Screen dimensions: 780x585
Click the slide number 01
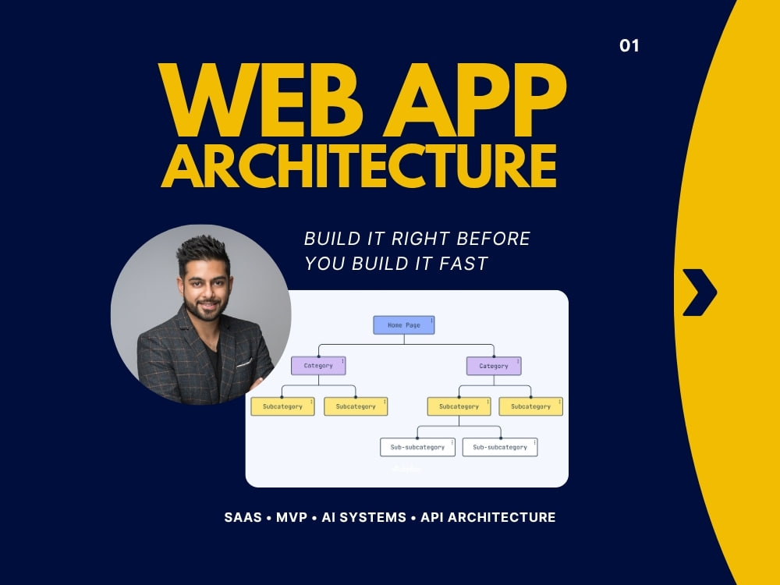[x=629, y=46]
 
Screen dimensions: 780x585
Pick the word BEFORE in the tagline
[x=493, y=239]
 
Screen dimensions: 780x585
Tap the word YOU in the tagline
[x=324, y=264]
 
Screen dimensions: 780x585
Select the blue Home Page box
[x=404, y=324]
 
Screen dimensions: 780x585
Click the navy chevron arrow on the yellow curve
[x=700, y=292]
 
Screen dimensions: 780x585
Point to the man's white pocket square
[x=244, y=363]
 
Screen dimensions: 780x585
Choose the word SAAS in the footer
[x=243, y=517]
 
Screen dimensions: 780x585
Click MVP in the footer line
[x=292, y=517]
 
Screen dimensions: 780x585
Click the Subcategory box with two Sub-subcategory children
[x=459, y=406]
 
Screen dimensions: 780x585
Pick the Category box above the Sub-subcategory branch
[x=494, y=366]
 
